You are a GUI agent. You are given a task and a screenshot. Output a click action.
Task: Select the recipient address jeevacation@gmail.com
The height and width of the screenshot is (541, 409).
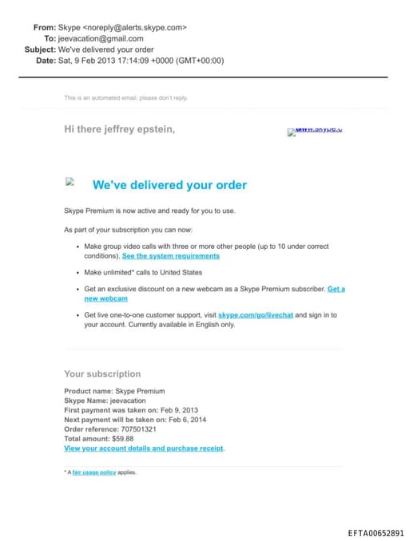click(101, 38)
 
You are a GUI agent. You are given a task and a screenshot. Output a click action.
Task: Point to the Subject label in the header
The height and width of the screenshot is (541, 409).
click(40, 49)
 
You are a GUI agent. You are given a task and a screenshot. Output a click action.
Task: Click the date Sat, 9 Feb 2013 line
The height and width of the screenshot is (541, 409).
click(141, 61)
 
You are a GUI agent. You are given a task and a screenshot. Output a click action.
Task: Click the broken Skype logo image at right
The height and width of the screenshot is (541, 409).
click(315, 132)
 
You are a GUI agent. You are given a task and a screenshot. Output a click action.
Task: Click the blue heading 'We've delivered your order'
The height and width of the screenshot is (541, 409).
click(169, 185)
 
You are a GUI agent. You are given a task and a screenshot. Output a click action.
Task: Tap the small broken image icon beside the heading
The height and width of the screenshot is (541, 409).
click(69, 182)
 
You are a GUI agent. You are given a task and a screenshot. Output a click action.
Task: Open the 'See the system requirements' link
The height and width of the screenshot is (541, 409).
click(170, 257)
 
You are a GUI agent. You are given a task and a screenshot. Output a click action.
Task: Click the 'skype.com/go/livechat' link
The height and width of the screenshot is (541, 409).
click(256, 315)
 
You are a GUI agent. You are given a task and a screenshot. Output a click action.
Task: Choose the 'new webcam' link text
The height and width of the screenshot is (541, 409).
click(105, 298)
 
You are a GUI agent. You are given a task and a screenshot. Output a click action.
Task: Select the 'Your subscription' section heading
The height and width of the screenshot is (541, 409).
click(102, 373)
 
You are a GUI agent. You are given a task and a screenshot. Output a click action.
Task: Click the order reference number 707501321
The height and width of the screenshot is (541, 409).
click(141, 429)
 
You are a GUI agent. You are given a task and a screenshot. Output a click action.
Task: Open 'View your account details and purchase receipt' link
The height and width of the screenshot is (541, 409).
click(144, 448)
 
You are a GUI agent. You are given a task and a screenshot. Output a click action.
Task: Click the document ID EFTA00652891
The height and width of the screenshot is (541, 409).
click(375, 533)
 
